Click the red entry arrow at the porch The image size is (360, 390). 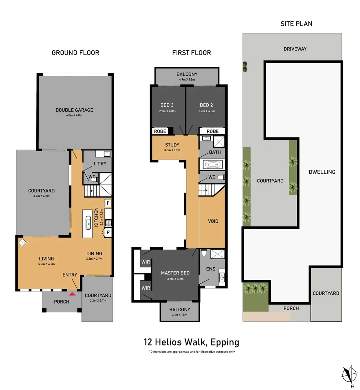point(73,294)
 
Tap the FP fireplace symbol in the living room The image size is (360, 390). point(22,243)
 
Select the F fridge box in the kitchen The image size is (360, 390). point(108,203)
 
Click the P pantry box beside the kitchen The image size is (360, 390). point(108,233)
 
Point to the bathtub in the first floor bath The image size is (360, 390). point(212,165)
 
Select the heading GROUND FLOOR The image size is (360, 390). point(75,53)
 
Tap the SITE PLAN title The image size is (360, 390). point(296,24)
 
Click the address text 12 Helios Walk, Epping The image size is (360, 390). point(191,342)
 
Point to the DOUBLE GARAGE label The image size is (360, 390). point(74,110)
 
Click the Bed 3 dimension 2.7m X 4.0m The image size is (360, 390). point(167,111)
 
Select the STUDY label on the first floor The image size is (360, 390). point(172,145)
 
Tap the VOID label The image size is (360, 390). point(213,221)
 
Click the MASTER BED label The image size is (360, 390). point(175,273)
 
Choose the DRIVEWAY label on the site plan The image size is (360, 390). point(295,49)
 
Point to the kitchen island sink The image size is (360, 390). point(87,224)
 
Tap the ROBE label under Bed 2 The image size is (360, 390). point(213,131)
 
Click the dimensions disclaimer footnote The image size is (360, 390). point(191,352)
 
